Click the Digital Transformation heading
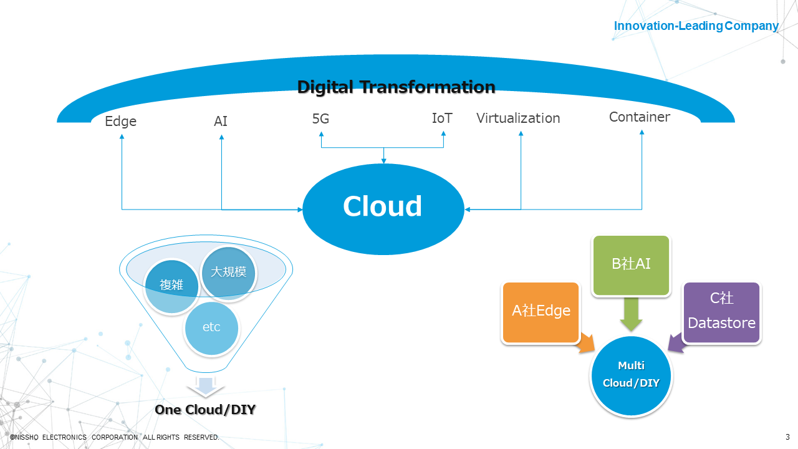coord(396,87)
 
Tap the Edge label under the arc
coord(120,121)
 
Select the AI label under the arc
coord(221,121)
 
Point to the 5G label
coord(320,118)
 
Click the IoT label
coord(442,118)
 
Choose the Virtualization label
coord(518,118)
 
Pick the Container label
coord(640,117)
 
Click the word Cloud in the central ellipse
coord(383,206)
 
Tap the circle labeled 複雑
coord(171,286)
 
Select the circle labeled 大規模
coord(229,273)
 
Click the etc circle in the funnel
coord(211,327)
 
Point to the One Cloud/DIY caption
coord(205,410)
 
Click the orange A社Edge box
coord(541,311)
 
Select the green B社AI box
coord(631,264)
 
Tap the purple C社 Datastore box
coord(722,311)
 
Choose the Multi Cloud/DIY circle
coord(631,374)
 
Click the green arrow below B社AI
coord(631,314)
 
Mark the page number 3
coord(787,437)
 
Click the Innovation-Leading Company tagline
coord(696,26)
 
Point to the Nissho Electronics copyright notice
coord(114,437)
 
